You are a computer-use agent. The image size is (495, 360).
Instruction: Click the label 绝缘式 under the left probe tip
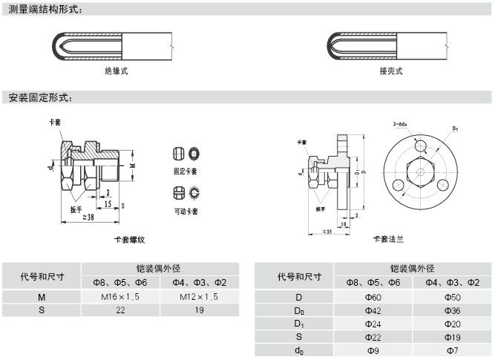[117, 71]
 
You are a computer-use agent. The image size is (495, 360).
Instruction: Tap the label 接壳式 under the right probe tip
[391, 71]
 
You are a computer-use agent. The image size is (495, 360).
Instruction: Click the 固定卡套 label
[186, 171]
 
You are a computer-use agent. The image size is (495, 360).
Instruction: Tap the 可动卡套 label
[186, 212]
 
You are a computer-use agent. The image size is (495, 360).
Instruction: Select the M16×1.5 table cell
[120, 297]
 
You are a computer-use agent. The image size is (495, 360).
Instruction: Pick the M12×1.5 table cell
[200, 297]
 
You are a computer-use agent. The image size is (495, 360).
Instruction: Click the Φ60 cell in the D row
[373, 297]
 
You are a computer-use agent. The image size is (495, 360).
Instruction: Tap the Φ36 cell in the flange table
[452, 310]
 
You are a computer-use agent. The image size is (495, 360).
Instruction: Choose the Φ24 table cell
[373, 324]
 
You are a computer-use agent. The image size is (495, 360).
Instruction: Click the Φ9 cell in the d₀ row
[373, 350]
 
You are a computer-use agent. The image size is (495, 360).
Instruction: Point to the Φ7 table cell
[452, 350]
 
